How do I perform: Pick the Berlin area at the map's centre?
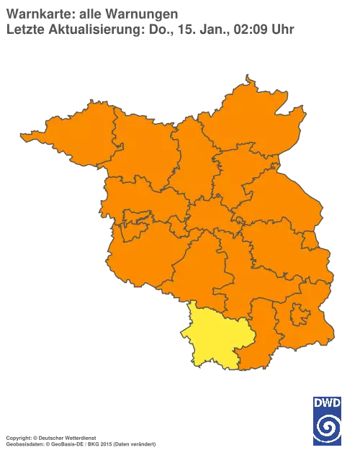[x=209, y=216]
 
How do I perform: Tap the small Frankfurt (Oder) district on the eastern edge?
[x=307, y=240]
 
